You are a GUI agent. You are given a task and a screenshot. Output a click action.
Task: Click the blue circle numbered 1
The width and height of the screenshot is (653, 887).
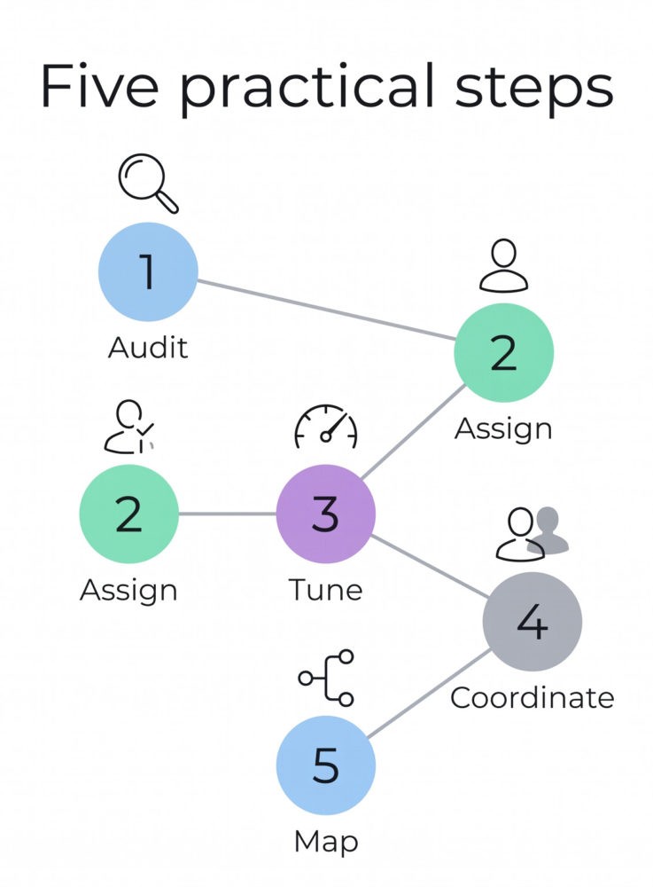(x=148, y=271)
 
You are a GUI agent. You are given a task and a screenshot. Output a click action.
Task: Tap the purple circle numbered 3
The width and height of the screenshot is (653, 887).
(x=326, y=514)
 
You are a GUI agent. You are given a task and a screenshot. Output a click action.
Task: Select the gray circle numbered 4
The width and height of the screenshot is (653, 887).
(x=533, y=621)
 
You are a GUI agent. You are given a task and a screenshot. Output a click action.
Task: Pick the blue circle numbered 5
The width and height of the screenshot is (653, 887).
(x=326, y=765)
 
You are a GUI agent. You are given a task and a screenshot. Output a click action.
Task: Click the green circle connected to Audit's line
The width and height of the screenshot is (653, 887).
(x=504, y=352)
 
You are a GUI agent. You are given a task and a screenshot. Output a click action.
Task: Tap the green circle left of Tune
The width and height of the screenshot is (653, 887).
(x=128, y=514)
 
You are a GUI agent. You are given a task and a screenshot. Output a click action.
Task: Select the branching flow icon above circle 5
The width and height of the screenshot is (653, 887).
(x=326, y=678)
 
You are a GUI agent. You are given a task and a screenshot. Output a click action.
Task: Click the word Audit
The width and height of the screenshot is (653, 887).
(x=148, y=348)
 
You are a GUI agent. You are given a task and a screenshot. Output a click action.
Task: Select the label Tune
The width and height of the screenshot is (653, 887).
(x=325, y=590)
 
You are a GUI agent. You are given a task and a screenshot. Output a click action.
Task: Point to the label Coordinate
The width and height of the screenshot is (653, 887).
(x=533, y=697)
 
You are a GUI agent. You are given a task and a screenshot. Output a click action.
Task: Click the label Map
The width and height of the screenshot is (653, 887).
(x=326, y=842)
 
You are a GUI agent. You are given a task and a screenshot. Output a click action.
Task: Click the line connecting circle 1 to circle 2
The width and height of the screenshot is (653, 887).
(x=326, y=310)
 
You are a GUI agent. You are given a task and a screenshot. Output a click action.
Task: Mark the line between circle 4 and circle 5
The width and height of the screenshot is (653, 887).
(x=429, y=694)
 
